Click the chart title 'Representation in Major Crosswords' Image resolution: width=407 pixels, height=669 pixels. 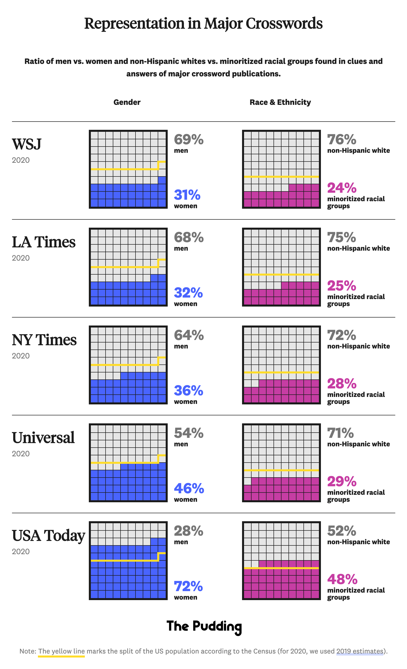pyautogui.click(x=203, y=23)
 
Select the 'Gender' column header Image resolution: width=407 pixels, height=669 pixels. pyautogui.click(x=127, y=102)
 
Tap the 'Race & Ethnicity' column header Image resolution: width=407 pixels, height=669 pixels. pyautogui.click(x=280, y=102)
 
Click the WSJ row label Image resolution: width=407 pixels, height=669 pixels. pyautogui.click(x=27, y=145)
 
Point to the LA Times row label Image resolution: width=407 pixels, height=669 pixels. pyautogui.click(x=43, y=242)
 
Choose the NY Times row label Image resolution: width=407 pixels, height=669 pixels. pyautogui.click(x=44, y=340)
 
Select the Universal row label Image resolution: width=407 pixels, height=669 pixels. pyautogui.click(x=43, y=438)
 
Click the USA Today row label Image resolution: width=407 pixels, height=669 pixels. pyautogui.click(x=49, y=535)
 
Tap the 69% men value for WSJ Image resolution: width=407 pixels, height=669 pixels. pyautogui.click(x=189, y=140)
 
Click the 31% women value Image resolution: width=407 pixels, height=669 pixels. pyautogui.click(x=187, y=195)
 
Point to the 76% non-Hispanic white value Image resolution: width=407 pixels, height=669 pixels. pyautogui.click(x=342, y=140)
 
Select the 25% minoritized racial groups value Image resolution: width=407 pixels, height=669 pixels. pyautogui.click(x=342, y=286)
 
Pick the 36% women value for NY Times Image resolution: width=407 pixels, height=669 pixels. pyautogui.click(x=188, y=390)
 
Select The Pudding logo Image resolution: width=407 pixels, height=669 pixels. pyautogui.click(x=204, y=627)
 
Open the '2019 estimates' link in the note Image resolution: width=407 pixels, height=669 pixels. pyautogui.click(x=360, y=651)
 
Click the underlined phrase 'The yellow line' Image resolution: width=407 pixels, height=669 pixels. pyautogui.click(x=61, y=651)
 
